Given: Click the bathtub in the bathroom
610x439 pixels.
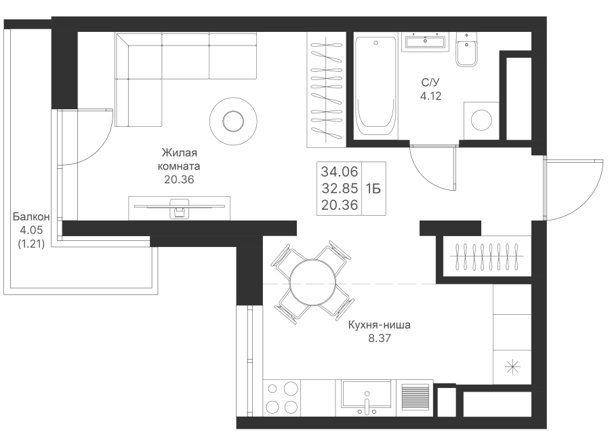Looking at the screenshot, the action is point(375,86).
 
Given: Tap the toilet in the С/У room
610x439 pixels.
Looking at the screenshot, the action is point(466,50).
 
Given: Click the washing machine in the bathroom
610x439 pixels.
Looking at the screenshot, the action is point(481,120).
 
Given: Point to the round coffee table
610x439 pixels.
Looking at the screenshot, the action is point(233,121).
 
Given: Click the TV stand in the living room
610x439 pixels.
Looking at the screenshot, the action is point(180,208).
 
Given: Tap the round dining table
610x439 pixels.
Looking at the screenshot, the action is point(312,282).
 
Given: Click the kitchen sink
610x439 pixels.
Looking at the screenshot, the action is point(366,398).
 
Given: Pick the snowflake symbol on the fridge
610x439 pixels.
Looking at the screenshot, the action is point(512,367).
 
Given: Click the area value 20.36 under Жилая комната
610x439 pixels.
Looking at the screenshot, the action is point(179,180).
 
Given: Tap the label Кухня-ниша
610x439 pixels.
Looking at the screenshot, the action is point(379,325).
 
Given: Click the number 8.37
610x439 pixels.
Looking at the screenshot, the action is point(380,338).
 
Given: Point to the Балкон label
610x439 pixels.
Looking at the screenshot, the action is point(31,216).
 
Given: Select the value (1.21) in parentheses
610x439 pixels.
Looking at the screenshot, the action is point(31,244).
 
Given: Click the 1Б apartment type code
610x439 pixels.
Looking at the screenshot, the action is point(373,189).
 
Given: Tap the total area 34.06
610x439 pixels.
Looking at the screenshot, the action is point(340,172).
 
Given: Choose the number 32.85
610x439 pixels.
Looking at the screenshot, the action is point(340,188).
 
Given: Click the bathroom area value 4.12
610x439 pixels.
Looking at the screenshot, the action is point(430,96).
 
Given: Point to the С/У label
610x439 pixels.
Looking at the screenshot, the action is point(430,83).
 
